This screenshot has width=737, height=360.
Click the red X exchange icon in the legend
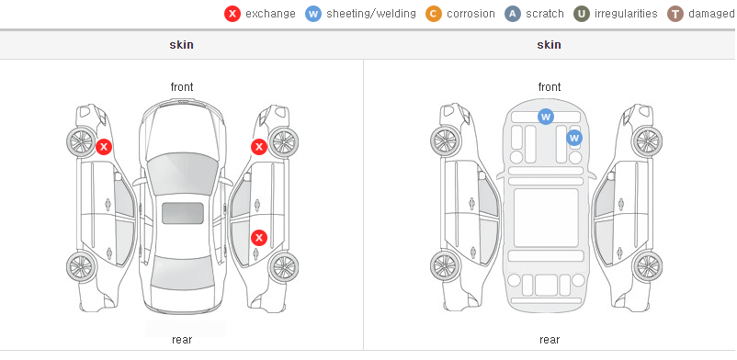(232, 14)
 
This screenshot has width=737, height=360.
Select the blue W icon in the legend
(313, 14)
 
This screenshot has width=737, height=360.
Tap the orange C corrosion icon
(434, 14)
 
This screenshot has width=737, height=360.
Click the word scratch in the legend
(545, 14)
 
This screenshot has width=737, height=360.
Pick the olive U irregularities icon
(582, 14)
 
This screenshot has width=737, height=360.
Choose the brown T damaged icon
(675, 14)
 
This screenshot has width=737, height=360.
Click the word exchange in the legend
(270, 14)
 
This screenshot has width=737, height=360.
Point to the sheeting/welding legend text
(371, 14)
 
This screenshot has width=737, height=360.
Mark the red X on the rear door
(259, 238)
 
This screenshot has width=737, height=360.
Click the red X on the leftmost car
(104, 147)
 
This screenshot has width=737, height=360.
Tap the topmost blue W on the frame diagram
(545, 117)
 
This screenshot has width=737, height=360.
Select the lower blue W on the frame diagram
(574, 138)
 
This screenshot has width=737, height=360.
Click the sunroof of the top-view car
(183, 213)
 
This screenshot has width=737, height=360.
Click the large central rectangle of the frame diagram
(546, 218)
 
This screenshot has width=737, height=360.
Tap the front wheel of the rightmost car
(647, 141)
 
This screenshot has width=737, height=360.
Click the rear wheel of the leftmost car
(82, 267)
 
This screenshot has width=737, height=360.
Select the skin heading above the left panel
(181, 45)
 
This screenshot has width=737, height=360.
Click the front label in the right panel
(550, 87)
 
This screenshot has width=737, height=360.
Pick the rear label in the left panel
(182, 340)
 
